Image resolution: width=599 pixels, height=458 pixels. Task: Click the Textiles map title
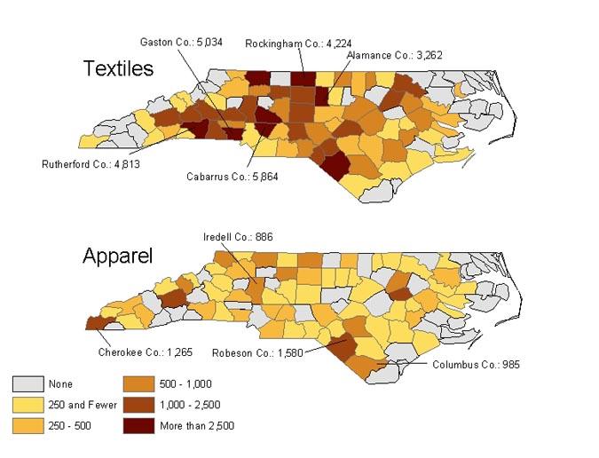pyautogui.click(x=118, y=68)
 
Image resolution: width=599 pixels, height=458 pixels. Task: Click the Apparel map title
pyautogui.click(x=117, y=257)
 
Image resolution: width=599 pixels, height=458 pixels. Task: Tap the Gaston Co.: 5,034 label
pyautogui.click(x=181, y=42)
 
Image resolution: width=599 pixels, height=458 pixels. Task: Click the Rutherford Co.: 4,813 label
pyautogui.click(x=91, y=163)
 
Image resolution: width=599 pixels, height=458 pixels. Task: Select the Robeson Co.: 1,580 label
pyautogui.click(x=256, y=353)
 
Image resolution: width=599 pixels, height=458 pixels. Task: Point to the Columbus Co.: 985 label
pyautogui.click(x=476, y=364)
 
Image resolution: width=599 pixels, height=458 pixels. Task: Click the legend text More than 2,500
pyautogui.click(x=196, y=426)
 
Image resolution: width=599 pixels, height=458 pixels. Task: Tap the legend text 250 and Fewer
pyautogui.click(x=83, y=405)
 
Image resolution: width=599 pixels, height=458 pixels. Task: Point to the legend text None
pyautogui.click(x=61, y=384)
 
